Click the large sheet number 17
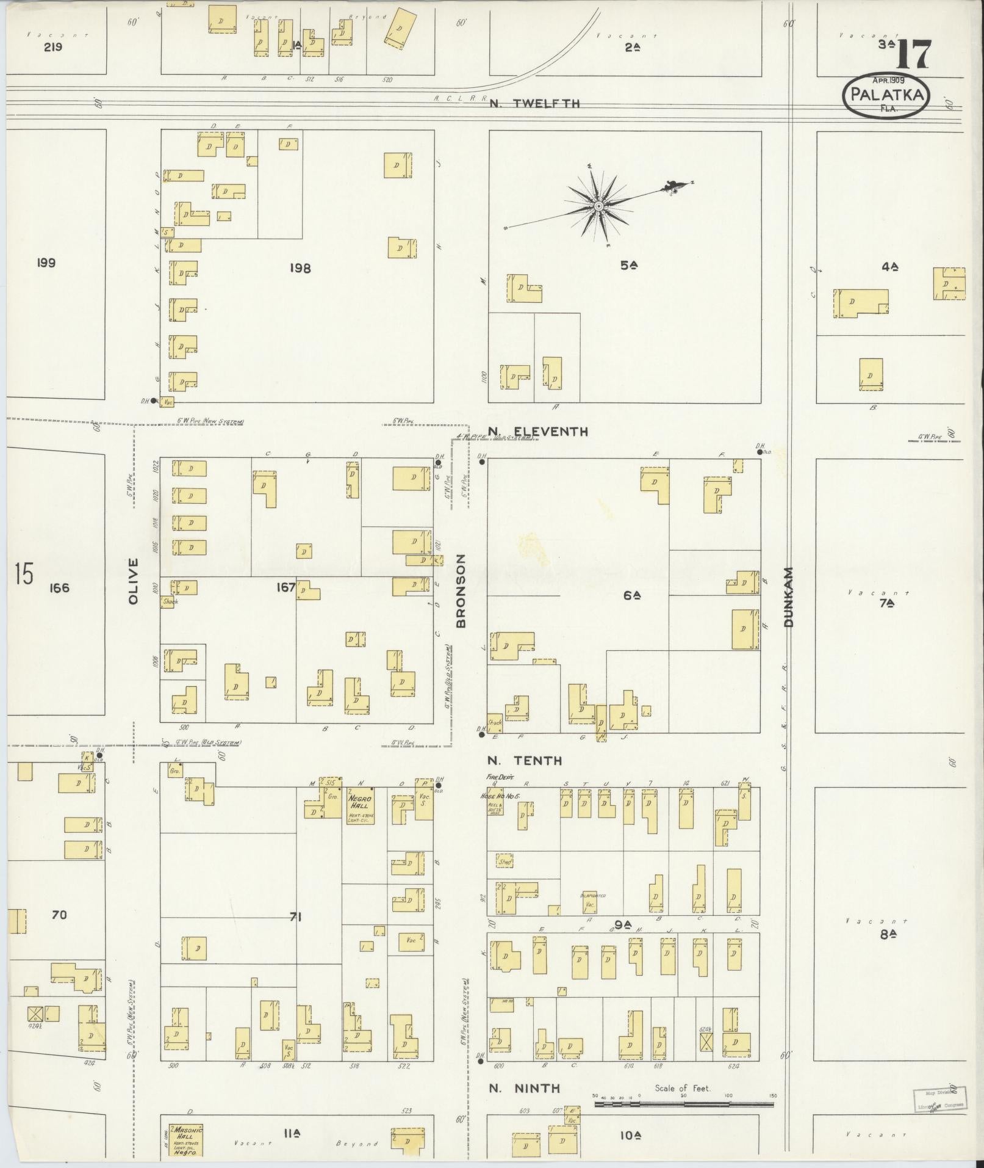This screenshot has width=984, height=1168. click(913, 54)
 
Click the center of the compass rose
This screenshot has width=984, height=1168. click(598, 207)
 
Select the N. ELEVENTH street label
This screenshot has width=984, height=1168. click(537, 432)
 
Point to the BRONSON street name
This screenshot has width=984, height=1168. click(461, 590)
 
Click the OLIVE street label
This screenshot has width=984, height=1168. click(134, 581)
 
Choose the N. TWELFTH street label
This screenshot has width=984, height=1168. click(534, 104)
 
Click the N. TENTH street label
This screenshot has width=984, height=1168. click(525, 761)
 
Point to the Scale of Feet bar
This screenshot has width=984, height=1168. click(683, 1105)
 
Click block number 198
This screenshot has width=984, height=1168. click(300, 268)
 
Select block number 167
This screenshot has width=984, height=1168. click(286, 588)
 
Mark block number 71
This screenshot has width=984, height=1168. click(295, 916)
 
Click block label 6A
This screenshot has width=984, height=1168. click(631, 595)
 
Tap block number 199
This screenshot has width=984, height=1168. click(46, 263)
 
